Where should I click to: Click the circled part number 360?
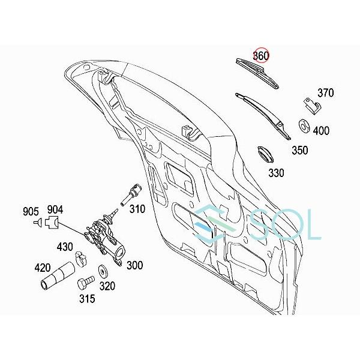260,56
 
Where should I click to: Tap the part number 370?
325,93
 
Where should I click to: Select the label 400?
322,130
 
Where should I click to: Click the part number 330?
277,173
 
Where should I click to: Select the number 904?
55,209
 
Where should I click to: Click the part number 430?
65,246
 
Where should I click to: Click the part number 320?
107,286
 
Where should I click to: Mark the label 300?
135,264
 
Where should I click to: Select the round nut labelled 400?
304,127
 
